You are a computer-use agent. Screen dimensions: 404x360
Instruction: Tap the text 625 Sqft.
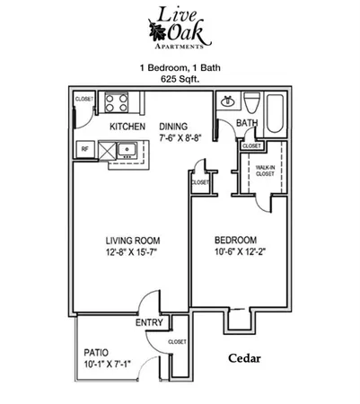tap(180, 79)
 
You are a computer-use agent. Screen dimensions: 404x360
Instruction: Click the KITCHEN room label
tap(128, 127)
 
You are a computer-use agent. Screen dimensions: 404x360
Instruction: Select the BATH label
tap(248, 124)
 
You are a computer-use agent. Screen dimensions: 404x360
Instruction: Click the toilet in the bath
tap(252, 101)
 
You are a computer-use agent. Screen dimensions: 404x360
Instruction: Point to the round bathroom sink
tap(228, 101)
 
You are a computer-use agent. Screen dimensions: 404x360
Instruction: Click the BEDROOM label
tap(236, 241)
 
